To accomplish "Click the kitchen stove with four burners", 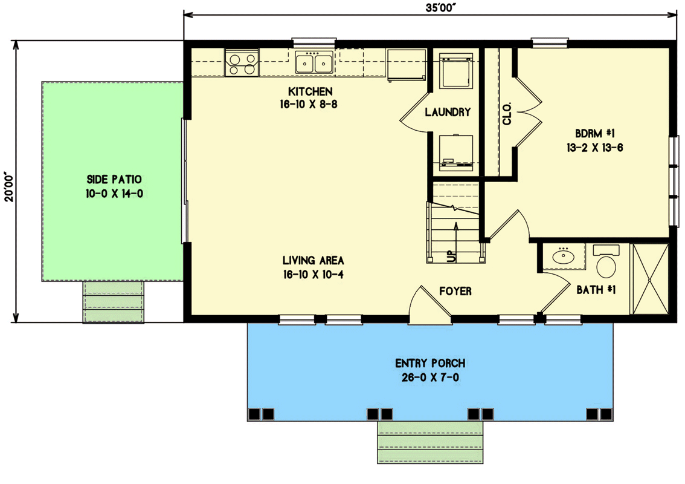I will [x=242, y=64].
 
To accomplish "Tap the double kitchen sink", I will [x=315, y=62].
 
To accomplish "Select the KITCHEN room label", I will [x=310, y=92].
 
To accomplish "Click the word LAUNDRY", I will [x=448, y=112].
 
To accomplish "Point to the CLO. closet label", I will [x=506, y=113].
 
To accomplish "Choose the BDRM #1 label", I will [x=595, y=133].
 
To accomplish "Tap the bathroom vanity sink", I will [x=564, y=256].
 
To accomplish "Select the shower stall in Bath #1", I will [x=650, y=279].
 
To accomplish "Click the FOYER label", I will [x=455, y=292].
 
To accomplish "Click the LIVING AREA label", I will [x=314, y=261].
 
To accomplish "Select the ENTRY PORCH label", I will [x=430, y=364].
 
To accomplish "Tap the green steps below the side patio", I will [x=114, y=302].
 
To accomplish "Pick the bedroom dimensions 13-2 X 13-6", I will [x=595, y=146].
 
